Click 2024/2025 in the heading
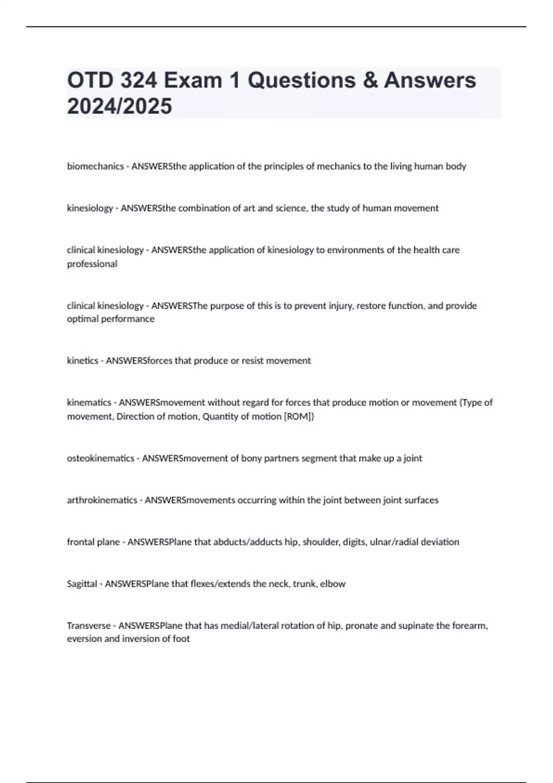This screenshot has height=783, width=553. pyautogui.click(x=119, y=106)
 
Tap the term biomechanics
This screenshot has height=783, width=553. pyautogui.click(x=95, y=166)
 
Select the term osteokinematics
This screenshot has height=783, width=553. pyautogui.click(x=100, y=458)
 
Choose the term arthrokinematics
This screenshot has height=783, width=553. pyautogui.click(x=102, y=500)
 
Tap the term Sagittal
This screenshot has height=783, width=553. pyautogui.click(x=82, y=584)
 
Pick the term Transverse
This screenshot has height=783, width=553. pyautogui.click(x=89, y=626)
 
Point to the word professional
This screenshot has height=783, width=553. pyautogui.click(x=92, y=264)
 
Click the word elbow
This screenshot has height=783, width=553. pyautogui.click(x=332, y=584)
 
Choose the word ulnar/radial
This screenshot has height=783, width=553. pyautogui.click(x=394, y=542)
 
